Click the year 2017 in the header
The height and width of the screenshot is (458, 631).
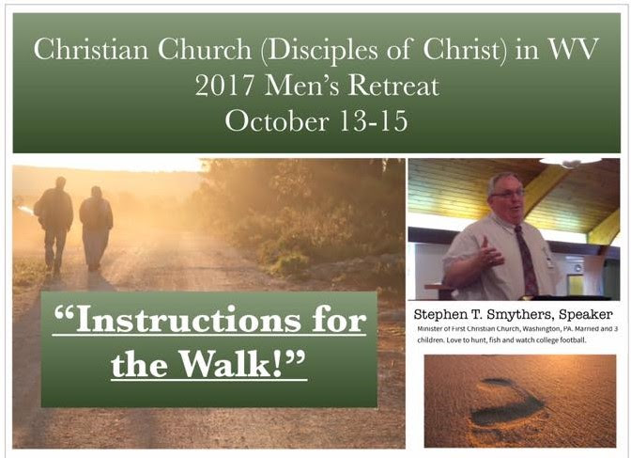point(224,86)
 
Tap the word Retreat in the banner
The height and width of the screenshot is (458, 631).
point(393,86)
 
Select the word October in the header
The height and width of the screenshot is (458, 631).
point(277,121)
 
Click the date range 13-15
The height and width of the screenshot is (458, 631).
point(374,121)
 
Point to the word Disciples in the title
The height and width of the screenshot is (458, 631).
point(322,51)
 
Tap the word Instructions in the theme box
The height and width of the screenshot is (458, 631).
point(188,320)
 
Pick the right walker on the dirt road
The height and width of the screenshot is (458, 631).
point(96,228)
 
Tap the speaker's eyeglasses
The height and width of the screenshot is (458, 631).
point(508,194)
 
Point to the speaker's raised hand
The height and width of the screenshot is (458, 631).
point(490,254)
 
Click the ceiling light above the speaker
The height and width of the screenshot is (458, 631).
point(570,161)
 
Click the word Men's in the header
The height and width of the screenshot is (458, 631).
point(301,86)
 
